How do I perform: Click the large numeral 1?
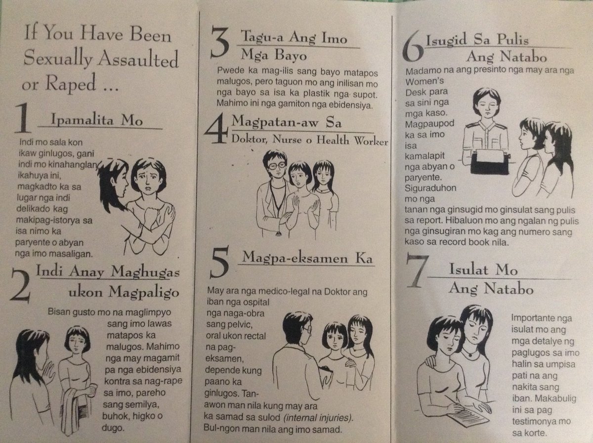click(22, 119)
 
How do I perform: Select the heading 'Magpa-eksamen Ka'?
click(309, 259)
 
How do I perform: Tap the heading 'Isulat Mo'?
click(483, 270)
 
